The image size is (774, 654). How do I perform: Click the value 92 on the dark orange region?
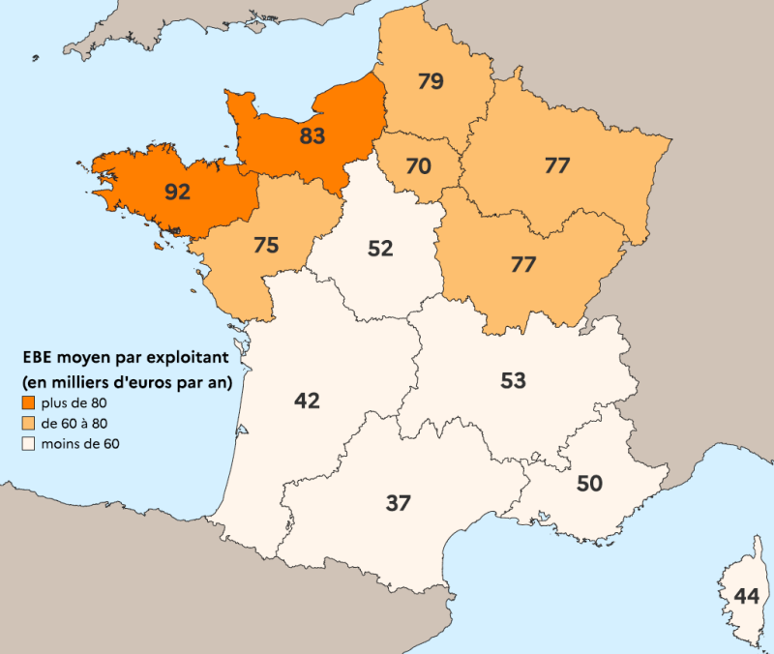[x=177, y=192]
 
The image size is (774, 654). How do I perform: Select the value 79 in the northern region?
[x=431, y=81]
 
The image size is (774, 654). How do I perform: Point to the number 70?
[x=418, y=166]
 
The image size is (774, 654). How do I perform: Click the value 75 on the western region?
[x=266, y=246]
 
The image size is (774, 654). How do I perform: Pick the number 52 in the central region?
[x=380, y=249]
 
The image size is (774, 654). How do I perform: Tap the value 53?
[x=513, y=380]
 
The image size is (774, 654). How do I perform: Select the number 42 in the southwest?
[x=307, y=401]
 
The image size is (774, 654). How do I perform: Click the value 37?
[x=399, y=503]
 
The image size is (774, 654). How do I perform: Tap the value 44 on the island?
[x=746, y=596]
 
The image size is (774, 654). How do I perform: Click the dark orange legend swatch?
[x=28, y=403]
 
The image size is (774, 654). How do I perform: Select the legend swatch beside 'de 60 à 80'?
[x=28, y=424]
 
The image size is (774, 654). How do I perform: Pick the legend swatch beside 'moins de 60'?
[x=28, y=444]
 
